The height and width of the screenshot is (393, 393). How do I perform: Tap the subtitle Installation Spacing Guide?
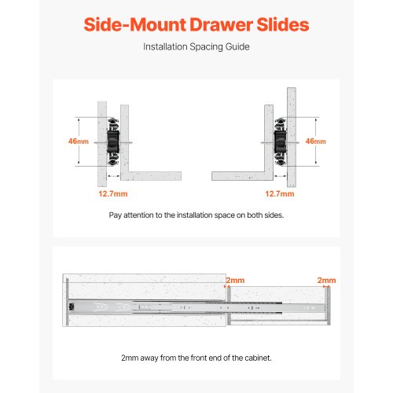(x=196, y=47)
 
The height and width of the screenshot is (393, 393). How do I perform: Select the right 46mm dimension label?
(x=315, y=141)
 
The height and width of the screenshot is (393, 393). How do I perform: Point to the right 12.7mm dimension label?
(x=280, y=193)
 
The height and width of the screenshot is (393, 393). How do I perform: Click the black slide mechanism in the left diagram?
(x=112, y=141)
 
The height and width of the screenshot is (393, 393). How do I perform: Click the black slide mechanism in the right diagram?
(x=281, y=141)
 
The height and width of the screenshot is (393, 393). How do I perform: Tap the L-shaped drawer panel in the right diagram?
(x=240, y=173)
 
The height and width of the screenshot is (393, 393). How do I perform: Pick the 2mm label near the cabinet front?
(x=234, y=280)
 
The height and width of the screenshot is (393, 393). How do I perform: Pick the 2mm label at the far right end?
(x=326, y=280)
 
